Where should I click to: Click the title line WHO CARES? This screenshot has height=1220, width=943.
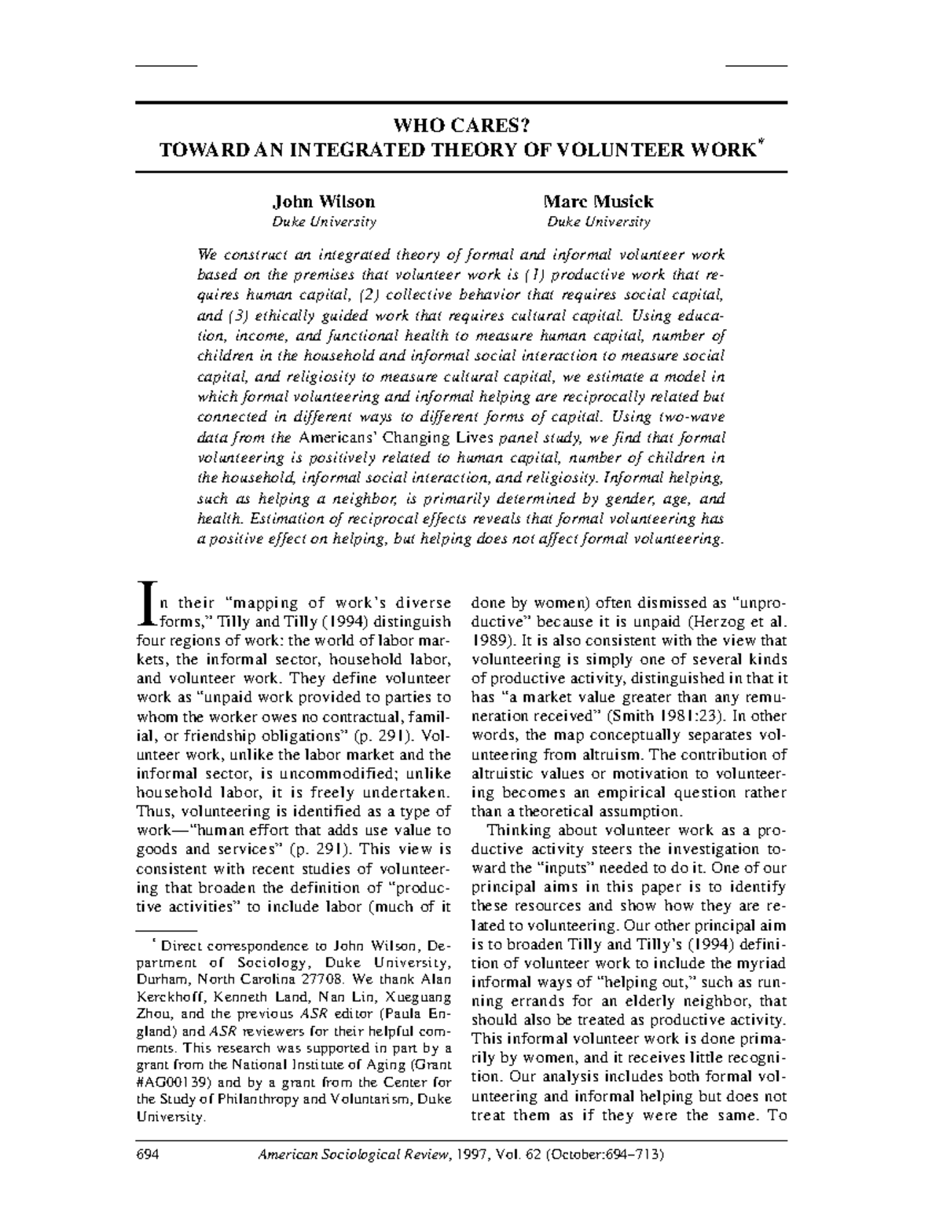[x=461, y=126]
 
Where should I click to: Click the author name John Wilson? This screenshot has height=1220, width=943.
[x=323, y=202]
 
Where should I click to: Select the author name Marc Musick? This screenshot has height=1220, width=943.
[x=598, y=202]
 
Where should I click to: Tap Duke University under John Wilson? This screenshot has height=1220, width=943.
[x=324, y=222]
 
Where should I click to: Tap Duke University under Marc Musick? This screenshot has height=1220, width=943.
[x=598, y=222]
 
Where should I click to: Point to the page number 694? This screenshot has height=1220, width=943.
[x=148, y=1155]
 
